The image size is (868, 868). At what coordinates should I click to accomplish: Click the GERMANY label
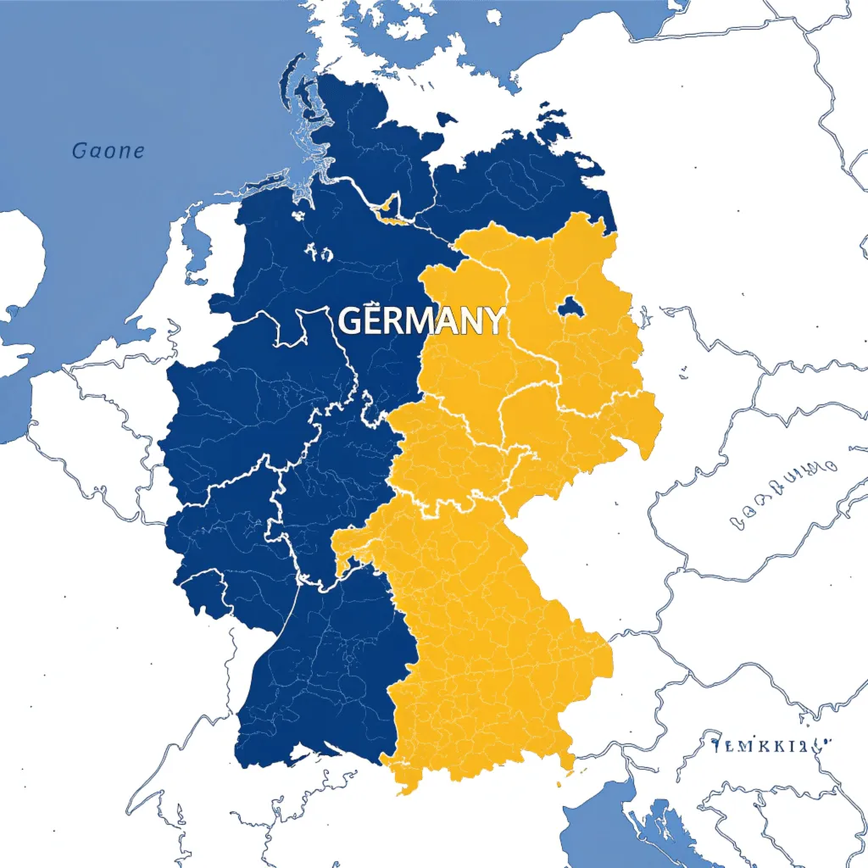(421, 321)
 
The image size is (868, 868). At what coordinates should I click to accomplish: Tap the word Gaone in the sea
(108, 152)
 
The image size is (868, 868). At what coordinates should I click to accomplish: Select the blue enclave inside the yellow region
(570, 305)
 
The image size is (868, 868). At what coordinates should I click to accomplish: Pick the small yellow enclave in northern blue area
(390, 206)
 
